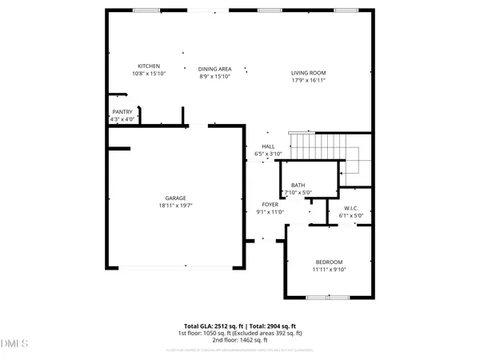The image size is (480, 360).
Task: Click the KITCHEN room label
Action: (149, 66)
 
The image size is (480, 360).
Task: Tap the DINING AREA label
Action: (214, 69)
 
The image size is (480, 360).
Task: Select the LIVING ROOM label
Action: (308, 73)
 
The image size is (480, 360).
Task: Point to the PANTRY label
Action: (122, 112)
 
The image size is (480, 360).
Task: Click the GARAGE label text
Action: (176, 198)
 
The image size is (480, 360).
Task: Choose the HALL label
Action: (268, 146)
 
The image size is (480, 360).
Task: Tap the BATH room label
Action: (298, 185)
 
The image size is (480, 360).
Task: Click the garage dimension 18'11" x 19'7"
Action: (176, 206)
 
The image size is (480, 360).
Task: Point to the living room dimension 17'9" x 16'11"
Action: (308, 81)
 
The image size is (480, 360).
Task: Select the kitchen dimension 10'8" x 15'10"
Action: (149, 74)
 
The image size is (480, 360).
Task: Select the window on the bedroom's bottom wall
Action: (328, 297)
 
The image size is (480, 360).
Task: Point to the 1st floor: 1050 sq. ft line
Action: (240, 334)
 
